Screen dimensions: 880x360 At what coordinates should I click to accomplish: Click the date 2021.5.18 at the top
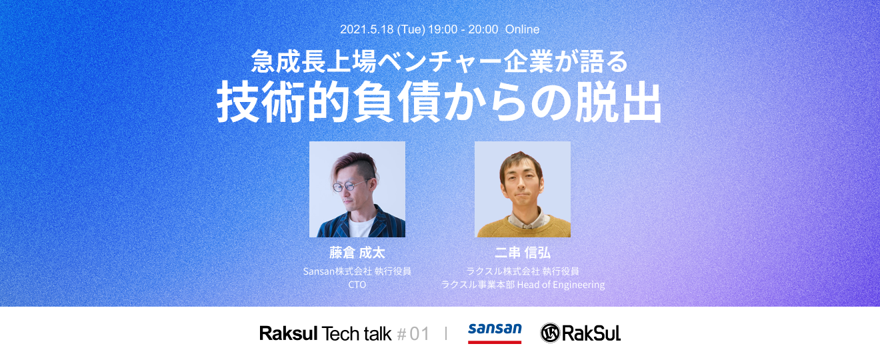(x=367, y=29)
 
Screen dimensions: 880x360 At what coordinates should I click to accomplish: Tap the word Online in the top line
(x=522, y=29)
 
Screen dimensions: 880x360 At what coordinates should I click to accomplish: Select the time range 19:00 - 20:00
(x=463, y=29)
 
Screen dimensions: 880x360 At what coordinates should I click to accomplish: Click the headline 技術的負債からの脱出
(x=439, y=102)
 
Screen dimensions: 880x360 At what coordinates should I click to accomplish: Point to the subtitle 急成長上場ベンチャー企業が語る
(x=439, y=61)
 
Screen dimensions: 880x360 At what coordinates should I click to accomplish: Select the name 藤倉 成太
(x=357, y=253)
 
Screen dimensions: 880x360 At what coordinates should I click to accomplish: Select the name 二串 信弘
(x=523, y=253)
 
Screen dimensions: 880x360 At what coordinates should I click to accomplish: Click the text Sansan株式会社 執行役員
(x=357, y=271)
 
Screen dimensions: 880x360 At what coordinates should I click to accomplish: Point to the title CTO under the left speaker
(x=357, y=285)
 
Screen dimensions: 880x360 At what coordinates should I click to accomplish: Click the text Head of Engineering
(x=561, y=285)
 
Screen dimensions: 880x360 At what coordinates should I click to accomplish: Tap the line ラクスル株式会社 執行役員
(x=523, y=271)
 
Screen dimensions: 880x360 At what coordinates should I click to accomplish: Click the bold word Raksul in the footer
(x=289, y=334)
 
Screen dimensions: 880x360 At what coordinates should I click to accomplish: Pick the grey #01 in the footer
(x=413, y=334)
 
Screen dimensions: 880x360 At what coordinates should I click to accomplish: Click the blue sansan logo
(x=495, y=329)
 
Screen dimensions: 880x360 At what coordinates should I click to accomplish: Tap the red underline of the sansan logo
(x=495, y=342)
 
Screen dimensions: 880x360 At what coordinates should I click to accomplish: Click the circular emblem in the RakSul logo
(x=550, y=333)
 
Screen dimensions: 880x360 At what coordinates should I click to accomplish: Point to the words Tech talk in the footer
(x=356, y=334)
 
